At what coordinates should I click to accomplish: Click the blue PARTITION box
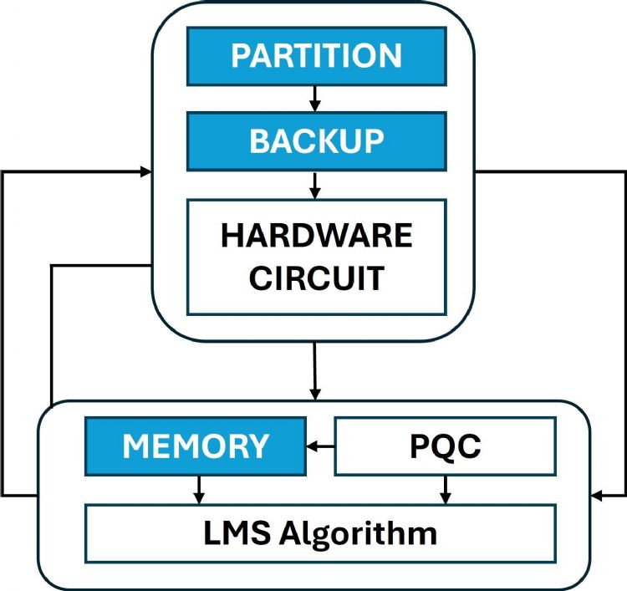[317, 56]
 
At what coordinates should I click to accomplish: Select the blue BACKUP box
[317, 141]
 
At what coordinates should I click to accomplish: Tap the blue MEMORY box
[196, 446]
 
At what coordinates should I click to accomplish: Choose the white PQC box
[445, 446]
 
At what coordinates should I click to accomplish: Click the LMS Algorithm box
[320, 533]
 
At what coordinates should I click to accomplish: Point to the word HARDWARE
[316, 236]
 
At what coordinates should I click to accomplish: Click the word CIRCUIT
[316, 278]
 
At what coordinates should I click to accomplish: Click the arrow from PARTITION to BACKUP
[315, 99]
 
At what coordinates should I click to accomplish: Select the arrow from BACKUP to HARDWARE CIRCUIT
[315, 185]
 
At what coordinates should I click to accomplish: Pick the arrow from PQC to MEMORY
[320, 446]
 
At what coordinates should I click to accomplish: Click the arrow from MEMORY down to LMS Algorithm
[199, 490]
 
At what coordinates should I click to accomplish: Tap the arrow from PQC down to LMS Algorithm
[445, 490]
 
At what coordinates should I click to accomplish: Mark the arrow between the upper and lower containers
[315, 371]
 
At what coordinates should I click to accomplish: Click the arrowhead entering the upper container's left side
[146, 172]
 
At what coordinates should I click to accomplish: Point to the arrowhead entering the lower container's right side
[597, 496]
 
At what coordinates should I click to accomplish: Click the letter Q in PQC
[446, 447]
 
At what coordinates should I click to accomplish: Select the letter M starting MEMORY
[135, 446]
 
